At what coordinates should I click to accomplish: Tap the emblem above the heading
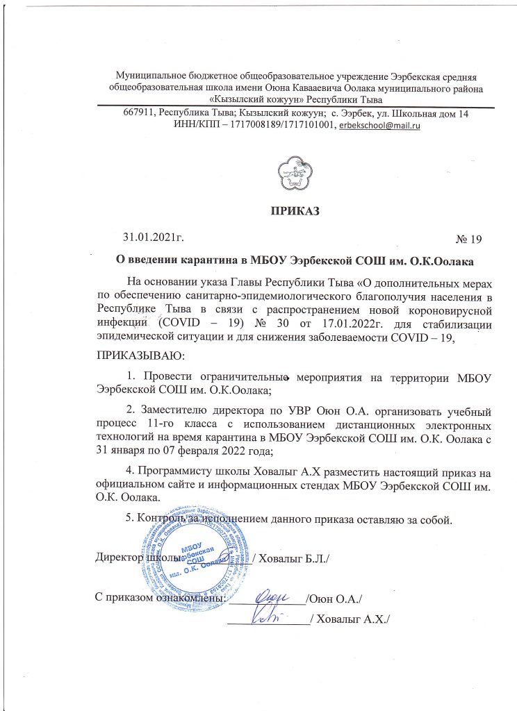(x=295, y=172)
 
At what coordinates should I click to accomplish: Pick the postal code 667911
(x=139, y=113)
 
